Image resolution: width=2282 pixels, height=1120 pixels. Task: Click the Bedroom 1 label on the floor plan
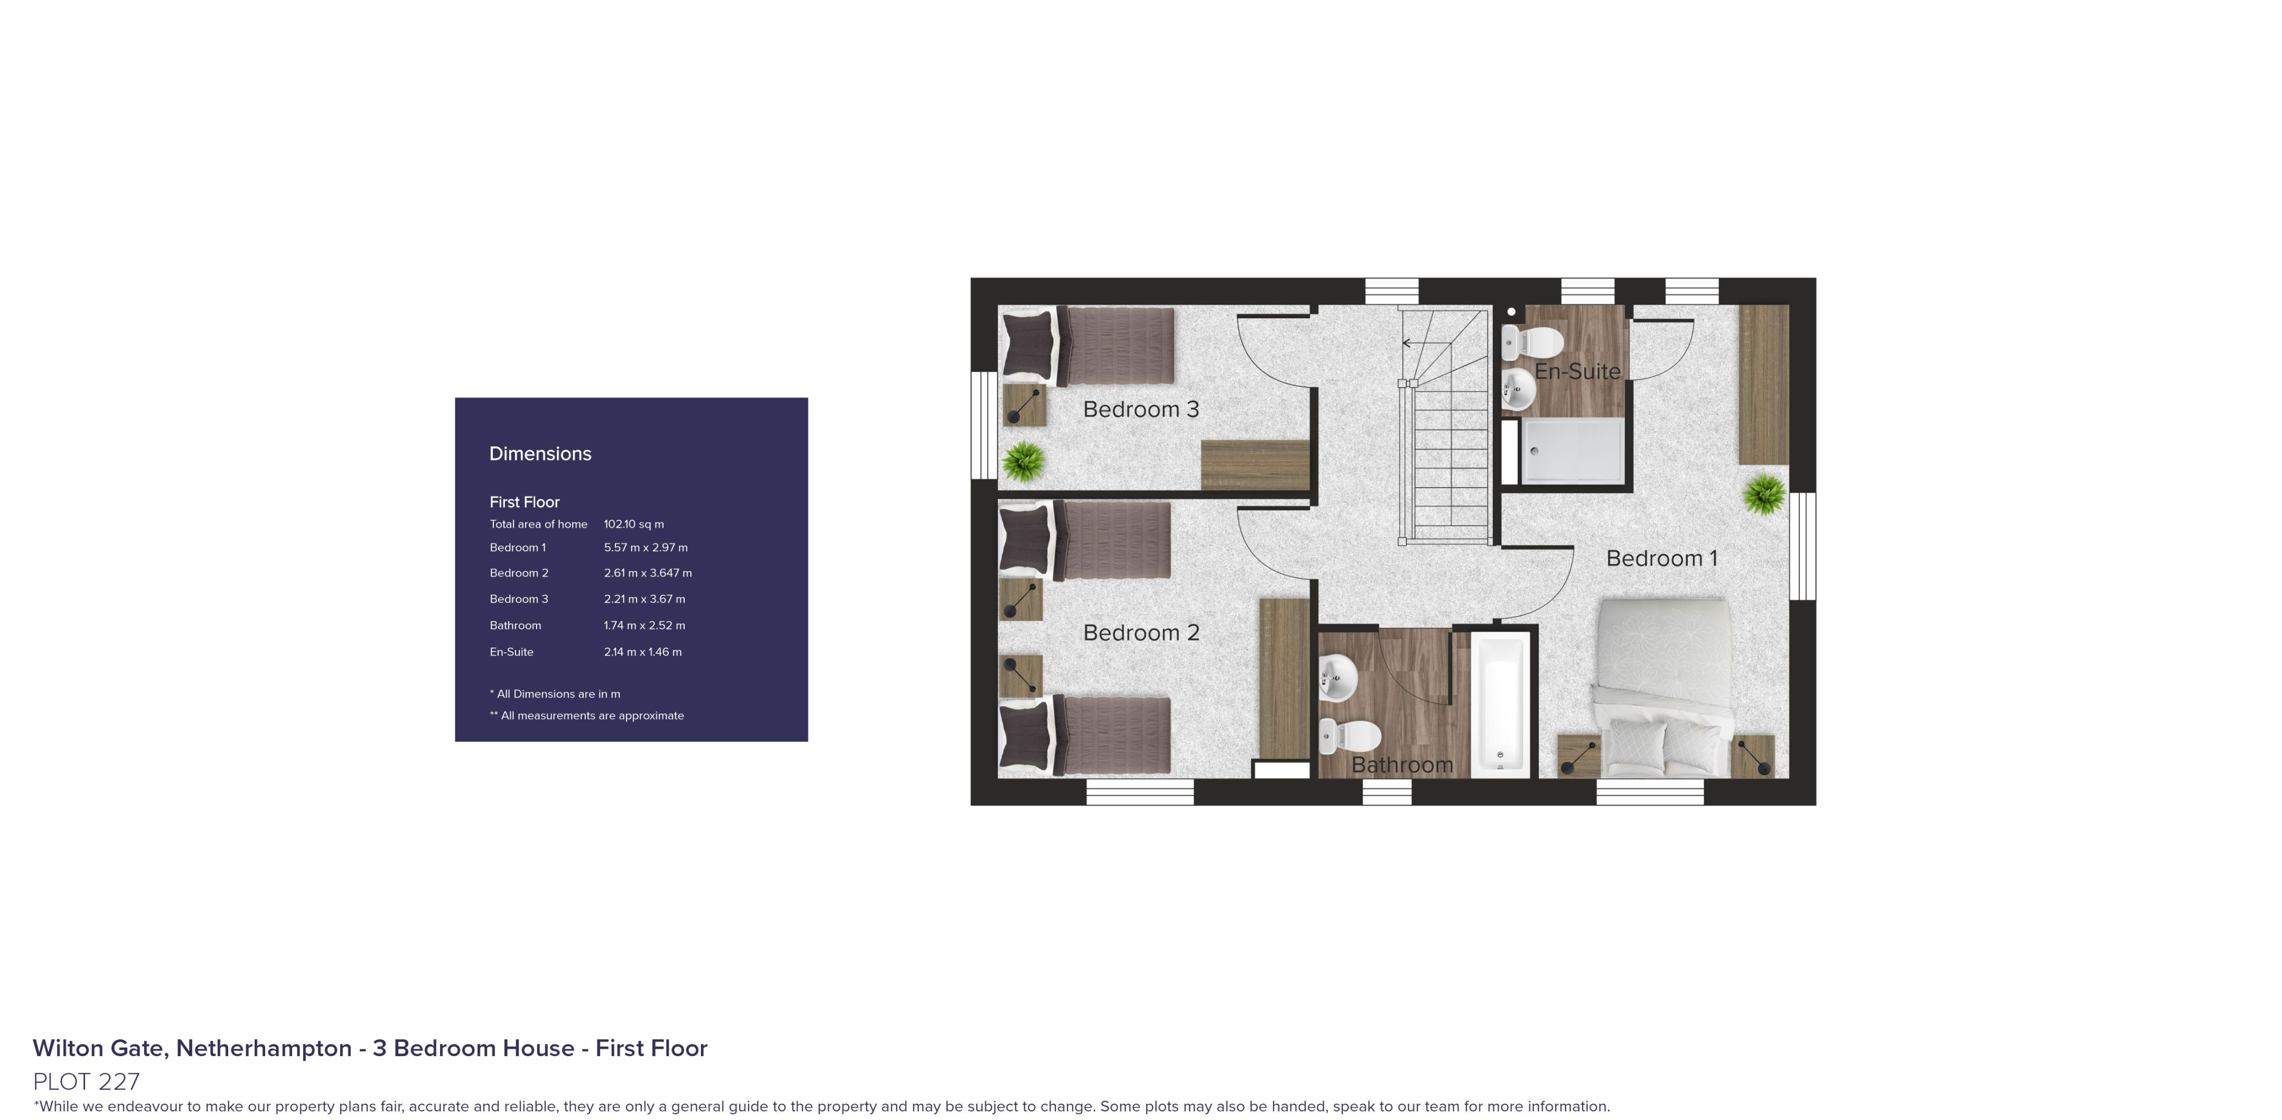[1661, 558]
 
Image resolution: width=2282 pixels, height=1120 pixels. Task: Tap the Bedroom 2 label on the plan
[1141, 633]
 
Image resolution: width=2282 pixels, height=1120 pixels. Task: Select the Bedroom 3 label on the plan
[1141, 409]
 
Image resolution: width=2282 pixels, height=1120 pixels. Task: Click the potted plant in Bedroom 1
[1764, 494]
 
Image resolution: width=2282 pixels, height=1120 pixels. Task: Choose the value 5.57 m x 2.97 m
[646, 548]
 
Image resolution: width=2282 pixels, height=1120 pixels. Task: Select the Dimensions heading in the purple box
[540, 453]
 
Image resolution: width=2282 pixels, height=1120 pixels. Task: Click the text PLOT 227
[86, 1081]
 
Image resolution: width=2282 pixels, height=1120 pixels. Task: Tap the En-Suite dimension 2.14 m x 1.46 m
[643, 652]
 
